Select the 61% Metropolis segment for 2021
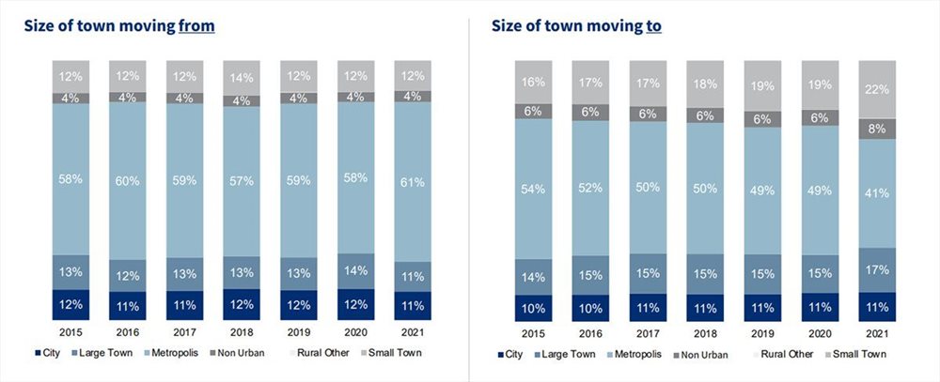(413, 180)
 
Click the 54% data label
(534, 189)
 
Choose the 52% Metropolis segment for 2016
(591, 188)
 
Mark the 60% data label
(127, 180)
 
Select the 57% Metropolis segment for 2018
(242, 180)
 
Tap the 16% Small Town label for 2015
(534, 82)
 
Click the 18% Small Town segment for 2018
(705, 84)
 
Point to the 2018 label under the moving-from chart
(242, 332)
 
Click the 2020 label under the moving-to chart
(820, 332)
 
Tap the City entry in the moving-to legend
(512, 354)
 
